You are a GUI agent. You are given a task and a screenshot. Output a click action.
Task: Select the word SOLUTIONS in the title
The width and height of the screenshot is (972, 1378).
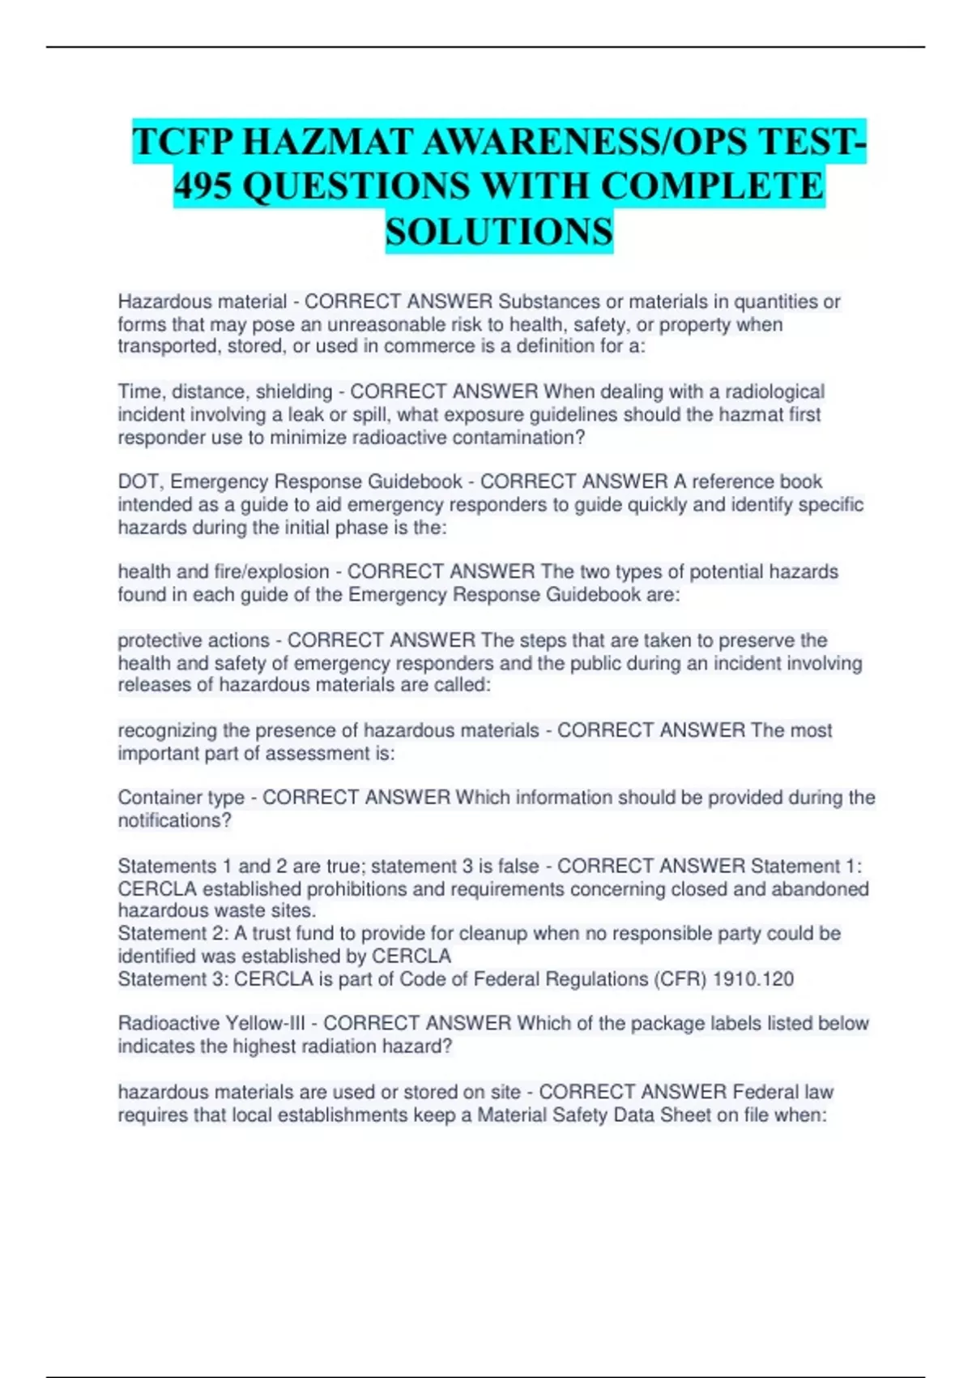pyautogui.click(x=499, y=232)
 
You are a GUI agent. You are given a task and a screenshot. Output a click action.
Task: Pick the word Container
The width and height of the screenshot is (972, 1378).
pyautogui.click(x=157, y=798)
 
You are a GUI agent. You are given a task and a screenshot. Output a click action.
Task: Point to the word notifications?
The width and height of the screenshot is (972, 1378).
pyautogui.click(x=175, y=821)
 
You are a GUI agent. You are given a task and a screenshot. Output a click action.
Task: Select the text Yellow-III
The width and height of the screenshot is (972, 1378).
pyautogui.click(x=265, y=1024)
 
